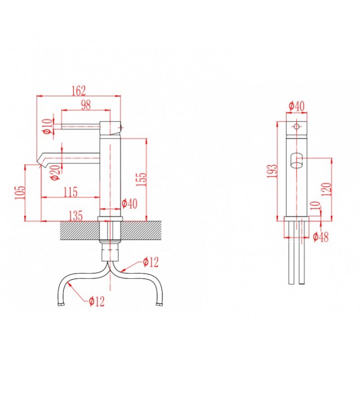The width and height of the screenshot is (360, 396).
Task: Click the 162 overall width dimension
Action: pyautogui.click(x=78, y=90)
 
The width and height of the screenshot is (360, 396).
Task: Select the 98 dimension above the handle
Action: pyautogui.click(x=86, y=104)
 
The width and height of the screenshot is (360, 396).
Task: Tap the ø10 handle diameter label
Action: pyautogui.click(x=47, y=126)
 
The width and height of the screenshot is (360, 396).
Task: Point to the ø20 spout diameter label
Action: pyautogui.click(x=54, y=171)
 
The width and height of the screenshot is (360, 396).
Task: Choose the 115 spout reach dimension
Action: pyautogui.click(x=71, y=192)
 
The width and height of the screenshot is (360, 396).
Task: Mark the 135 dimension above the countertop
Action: pyautogui.click(x=75, y=216)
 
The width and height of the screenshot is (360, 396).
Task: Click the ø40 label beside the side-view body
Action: pyautogui.click(x=129, y=203)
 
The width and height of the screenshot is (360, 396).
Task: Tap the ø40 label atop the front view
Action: pyautogui.click(x=296, y=105)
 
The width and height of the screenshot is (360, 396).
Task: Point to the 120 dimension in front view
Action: pyautogui.click(x=325, y=189)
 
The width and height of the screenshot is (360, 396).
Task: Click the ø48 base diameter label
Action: pyautogui.click(x=321, y=238)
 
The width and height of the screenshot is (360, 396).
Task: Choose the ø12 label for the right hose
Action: pyautogui.click(x=150, y=262)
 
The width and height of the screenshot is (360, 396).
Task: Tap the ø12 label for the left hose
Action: pyautogui.click(x=97, y=301)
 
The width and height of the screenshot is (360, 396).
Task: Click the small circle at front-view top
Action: pyautogui.click(x=296, y=127)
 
